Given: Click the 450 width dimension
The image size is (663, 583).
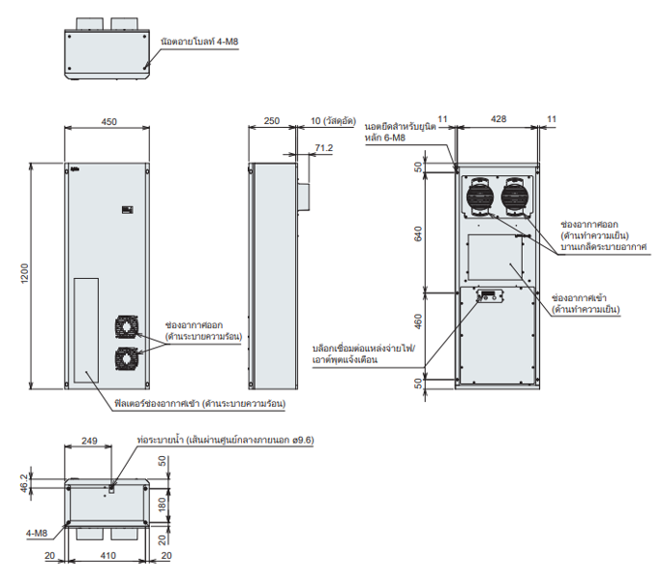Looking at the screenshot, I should pos(108,122).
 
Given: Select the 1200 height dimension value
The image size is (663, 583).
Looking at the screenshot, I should pos(23,275).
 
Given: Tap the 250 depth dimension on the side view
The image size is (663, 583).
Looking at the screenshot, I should pos(271,122).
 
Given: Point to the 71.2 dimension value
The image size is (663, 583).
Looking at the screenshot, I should pos(323,148).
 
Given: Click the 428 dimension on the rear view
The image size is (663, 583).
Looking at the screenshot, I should pos(497,119).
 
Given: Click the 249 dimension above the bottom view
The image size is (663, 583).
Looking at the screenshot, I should pos(88,441).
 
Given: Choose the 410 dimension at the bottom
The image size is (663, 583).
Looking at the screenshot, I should pos(108,556).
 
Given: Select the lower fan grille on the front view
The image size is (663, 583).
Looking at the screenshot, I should pos(128,358).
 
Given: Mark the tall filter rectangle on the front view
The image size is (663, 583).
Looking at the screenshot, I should pos(85,327).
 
